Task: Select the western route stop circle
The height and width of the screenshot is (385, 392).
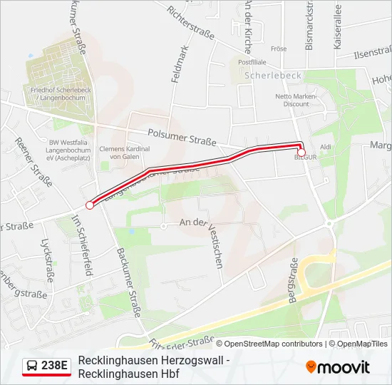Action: (90, 205)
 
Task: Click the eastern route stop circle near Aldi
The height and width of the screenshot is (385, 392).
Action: (301, 153)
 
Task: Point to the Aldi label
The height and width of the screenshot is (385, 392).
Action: (326, 147)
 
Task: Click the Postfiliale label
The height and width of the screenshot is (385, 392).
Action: (252, 62)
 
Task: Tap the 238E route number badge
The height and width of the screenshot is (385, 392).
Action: (47, 366)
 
